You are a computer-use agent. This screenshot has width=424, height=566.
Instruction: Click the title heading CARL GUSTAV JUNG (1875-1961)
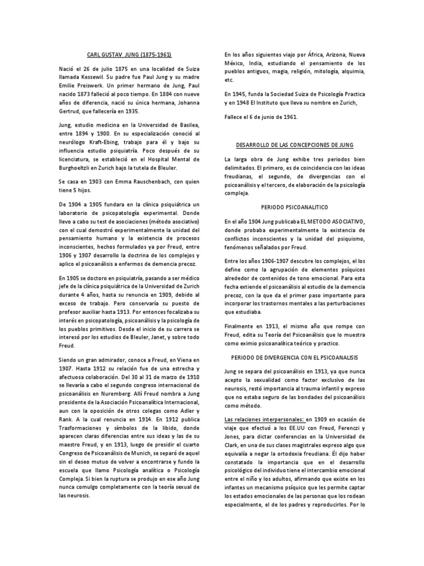[x=130, y=55]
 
